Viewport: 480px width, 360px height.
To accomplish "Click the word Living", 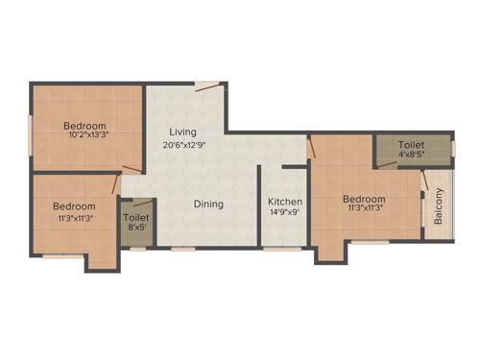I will coord(183,132).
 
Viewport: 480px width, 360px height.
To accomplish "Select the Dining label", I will coord(209,204).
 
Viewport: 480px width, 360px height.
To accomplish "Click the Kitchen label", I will coord(285,202).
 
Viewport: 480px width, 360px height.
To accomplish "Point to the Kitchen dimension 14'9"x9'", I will coord(285,214).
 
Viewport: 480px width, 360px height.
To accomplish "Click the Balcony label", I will coord(439,207).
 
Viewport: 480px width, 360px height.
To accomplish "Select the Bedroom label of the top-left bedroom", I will coord(85,126).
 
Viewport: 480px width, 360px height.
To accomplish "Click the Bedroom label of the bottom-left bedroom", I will coord(74,206).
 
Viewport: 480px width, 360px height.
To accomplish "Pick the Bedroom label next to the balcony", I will coord(365,200).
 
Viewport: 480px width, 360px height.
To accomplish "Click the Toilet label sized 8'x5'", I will coord(136,218).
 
